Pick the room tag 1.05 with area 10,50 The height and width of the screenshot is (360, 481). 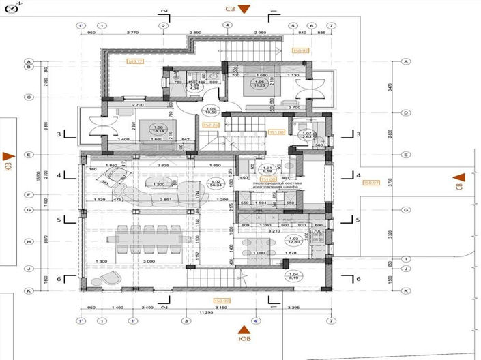click(x=211, y=111)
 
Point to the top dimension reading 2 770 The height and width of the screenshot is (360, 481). click(x=132, y=32)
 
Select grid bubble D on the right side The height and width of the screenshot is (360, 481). click(x=406, y=112)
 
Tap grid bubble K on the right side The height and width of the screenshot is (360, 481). click(x=406, y=290)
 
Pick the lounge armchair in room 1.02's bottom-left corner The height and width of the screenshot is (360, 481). click(x=111, y=277)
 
